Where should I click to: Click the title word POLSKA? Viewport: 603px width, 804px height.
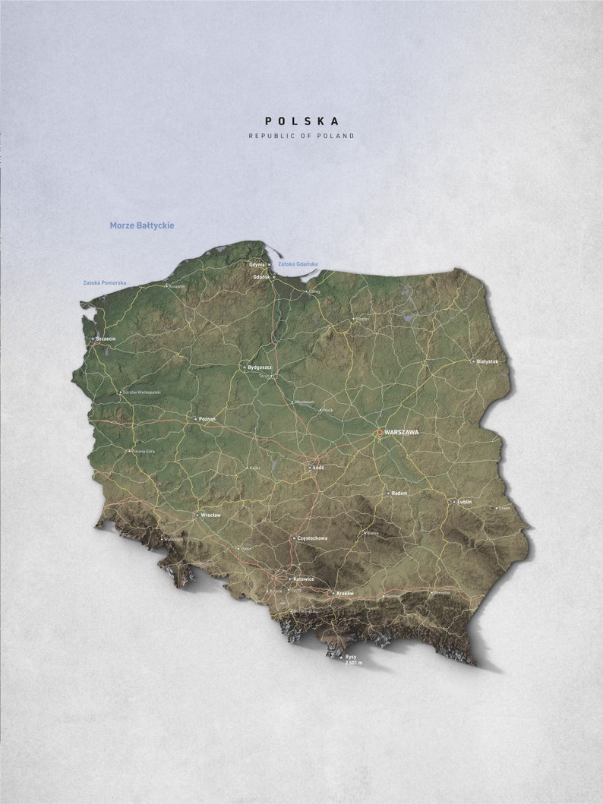[x=301, y=121]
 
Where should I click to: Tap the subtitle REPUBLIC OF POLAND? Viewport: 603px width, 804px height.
[x=301, y=136]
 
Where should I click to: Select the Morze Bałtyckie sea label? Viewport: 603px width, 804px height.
[x=142, y=225]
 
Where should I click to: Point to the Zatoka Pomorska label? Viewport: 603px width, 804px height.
[x=105, y=283]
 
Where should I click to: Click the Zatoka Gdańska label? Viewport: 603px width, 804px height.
[x=298, y=264]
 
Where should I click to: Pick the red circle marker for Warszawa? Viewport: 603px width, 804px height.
[x=380, y=432]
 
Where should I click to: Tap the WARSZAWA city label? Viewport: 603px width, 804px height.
[x=402, y=432]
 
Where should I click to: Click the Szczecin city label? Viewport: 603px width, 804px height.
[x=106, y=339]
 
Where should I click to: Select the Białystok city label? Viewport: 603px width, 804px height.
[x=488, y=361]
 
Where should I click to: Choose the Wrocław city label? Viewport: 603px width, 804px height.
[x=211, y=515]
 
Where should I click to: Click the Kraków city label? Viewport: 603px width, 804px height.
[x=345, y=592]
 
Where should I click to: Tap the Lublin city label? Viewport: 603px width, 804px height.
[x=464, y=502]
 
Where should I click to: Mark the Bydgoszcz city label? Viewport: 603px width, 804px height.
[x=260, y=367]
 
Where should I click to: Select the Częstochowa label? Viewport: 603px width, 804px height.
[x=314, y=538]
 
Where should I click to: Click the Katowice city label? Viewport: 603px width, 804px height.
[x=304, y=579]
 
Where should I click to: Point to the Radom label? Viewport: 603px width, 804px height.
[x=400, y=493]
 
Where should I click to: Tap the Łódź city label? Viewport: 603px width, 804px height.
[x=319, y=468]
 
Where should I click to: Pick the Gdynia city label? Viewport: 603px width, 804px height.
[x=257, y=264]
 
